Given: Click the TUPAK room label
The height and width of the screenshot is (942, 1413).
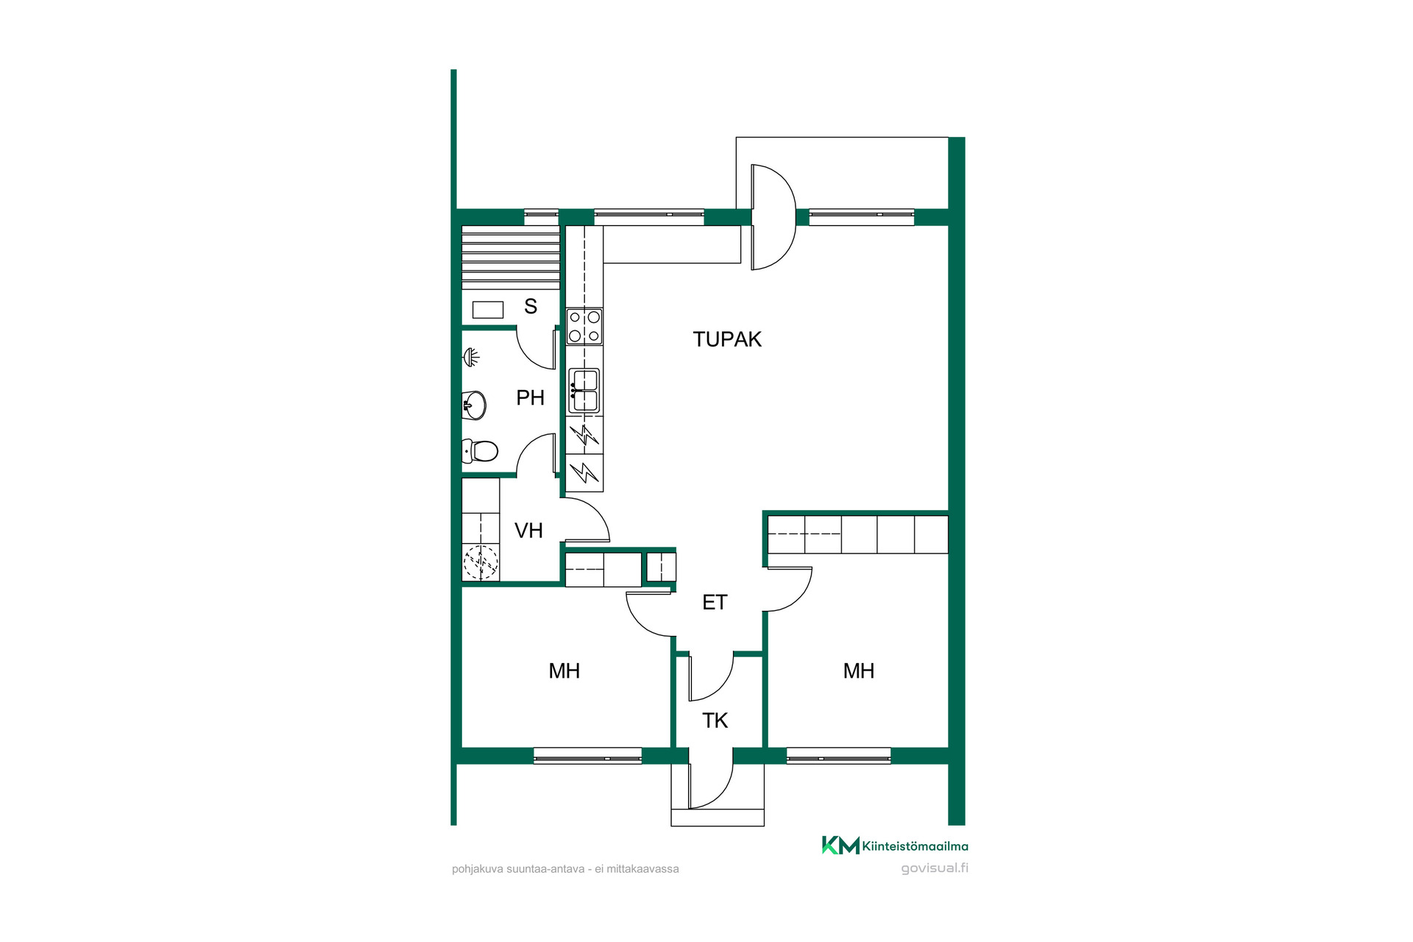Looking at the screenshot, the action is (x=727, y=339).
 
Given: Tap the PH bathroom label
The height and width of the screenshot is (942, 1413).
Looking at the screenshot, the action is (x=530, y=398).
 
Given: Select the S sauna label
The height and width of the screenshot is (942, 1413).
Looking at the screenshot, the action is (x=531, y=306).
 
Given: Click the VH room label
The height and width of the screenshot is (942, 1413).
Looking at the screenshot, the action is (x=528, y=531).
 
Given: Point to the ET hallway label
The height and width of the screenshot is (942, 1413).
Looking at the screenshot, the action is (x=715, y=603).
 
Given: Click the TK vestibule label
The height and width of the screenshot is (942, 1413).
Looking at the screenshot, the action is (x=715, y=720).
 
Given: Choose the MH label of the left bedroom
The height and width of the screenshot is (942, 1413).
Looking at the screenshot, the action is (x=564, y=671).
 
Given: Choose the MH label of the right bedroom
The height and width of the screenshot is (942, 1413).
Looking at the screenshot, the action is (x=859, y=671).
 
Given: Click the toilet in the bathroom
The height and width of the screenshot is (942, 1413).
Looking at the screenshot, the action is (x=480, y=450).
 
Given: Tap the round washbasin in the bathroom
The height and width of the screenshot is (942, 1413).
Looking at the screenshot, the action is (x=474, y=405).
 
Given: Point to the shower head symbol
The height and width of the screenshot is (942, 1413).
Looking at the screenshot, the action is (x=471, y=358).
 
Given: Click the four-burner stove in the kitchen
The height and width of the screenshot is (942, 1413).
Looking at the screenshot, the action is (x=584, y=327).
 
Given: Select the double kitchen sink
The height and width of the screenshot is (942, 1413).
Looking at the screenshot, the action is (x=584, y=391).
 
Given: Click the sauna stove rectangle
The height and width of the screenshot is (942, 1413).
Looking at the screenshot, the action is (x=487, y=310).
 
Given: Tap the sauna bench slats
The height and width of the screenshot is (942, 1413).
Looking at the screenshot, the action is (x=510, y=257).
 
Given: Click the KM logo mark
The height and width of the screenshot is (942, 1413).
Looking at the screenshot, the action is (x=840, y=846).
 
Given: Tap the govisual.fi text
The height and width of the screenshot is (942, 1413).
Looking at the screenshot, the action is (x=935, y=868).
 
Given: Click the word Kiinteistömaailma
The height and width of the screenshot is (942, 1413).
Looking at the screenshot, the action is (x=916, y=846).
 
